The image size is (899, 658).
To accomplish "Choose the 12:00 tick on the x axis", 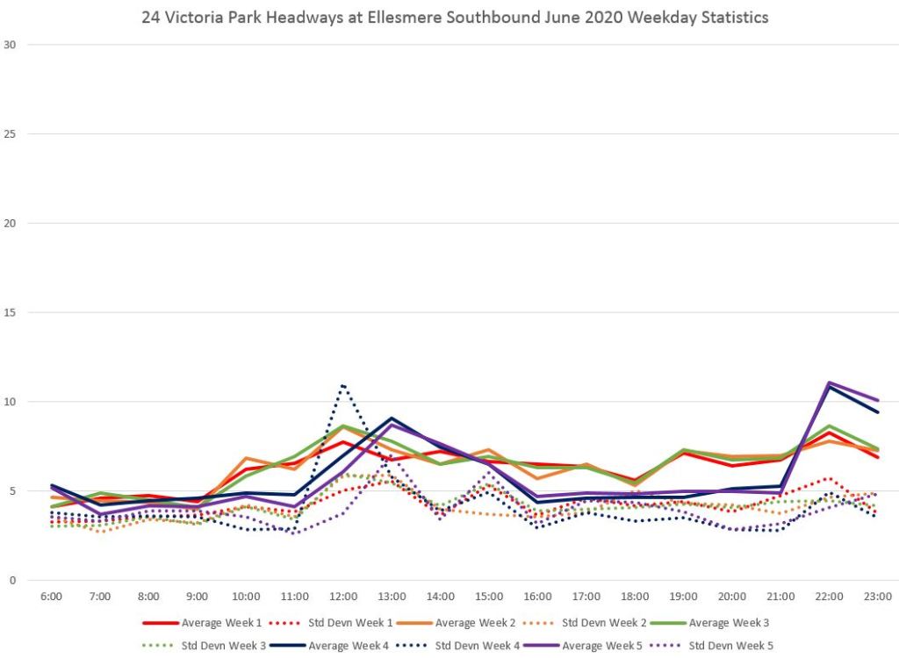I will pyautogui.click(x=343, y=597).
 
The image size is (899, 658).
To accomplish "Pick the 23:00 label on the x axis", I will pyautogui.click(x=878, y=597).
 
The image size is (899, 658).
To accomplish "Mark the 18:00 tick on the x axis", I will pyautogui.click(x=635, y=597).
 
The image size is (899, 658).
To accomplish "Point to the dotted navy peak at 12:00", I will pyautogui.click(x=343, y=385).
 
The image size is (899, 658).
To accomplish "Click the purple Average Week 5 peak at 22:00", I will pyautogui.click(x=829, y=383).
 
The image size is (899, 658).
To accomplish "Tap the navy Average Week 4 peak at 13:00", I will pyautogui.click(x=392, y=418).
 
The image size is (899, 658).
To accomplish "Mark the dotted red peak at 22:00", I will pyautogui.click(x=829, y=478).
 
